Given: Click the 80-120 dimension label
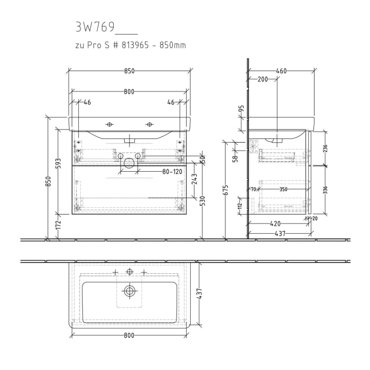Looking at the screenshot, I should [x=172, y=172].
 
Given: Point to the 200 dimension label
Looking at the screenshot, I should [x=262, y=79].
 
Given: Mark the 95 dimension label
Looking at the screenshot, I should [x=242, y=109].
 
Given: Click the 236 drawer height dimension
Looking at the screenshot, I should [x=325, y=150].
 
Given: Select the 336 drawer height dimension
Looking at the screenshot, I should [x=325, y=190].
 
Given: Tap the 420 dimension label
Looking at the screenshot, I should [x=275, y=224].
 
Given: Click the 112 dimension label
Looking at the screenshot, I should [x=239, y=206].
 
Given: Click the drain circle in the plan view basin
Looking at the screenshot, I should [x=129, y=290].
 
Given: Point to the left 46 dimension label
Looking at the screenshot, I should [x=87, y=102].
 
